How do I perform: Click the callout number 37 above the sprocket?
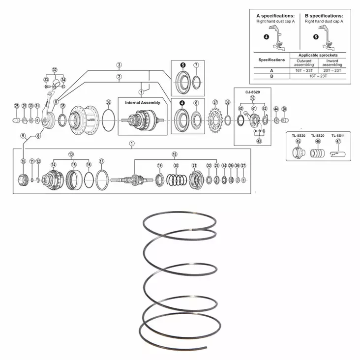215,102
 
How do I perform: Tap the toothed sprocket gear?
215,120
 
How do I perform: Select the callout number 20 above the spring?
176,166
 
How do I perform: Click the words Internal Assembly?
142,103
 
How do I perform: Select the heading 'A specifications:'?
275,15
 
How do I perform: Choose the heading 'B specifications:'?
324,15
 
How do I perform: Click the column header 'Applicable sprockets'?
318,55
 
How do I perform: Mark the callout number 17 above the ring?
101,161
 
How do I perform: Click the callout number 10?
23,161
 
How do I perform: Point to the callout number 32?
55,70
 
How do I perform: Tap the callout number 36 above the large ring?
108,102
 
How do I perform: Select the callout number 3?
119,65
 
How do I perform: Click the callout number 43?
259,141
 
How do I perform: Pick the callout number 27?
243,166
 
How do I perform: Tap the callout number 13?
71,154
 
